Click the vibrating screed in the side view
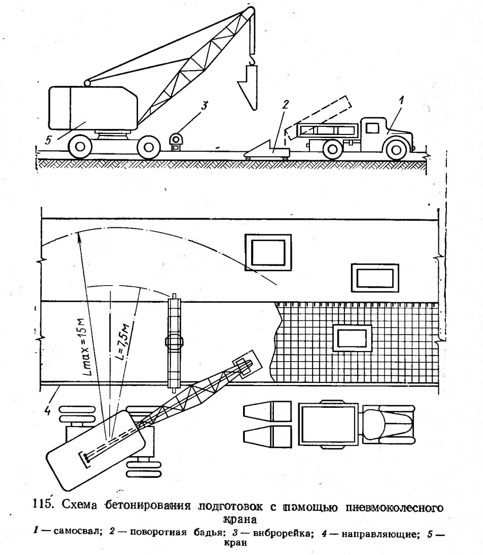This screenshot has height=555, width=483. pos(177,141)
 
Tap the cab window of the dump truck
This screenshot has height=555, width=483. pos(372,127)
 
